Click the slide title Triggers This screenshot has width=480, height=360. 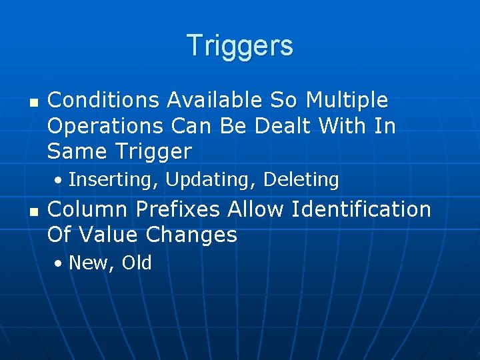click(240, 46)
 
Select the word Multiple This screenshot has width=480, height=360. click(347, 101)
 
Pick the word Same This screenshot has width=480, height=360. click(73, 151)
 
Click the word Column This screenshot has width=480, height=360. click(87, 209)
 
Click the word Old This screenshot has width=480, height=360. click(137, 263)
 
